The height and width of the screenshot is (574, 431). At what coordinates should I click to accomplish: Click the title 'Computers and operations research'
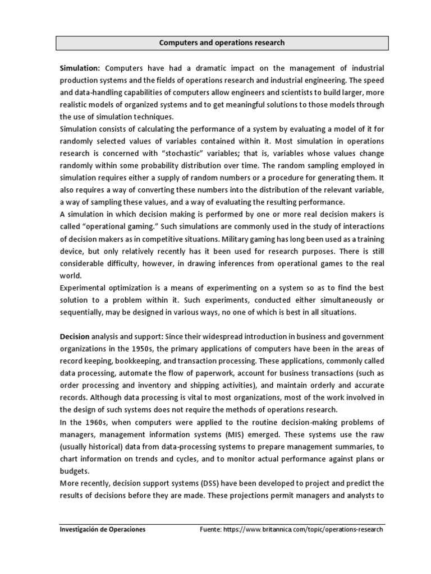pos(222,43)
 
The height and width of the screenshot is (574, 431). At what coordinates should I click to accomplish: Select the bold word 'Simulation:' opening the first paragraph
pos(80,68)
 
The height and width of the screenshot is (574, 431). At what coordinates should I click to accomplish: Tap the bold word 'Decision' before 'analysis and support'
pos(75,336)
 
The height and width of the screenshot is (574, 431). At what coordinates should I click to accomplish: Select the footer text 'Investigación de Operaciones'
pos(103,530)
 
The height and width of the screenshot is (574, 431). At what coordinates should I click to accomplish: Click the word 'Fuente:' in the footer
pos(213,530)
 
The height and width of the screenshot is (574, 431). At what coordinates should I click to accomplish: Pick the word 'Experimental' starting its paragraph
pos(83,288)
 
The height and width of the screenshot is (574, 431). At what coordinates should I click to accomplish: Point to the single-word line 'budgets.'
pos(75,471)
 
